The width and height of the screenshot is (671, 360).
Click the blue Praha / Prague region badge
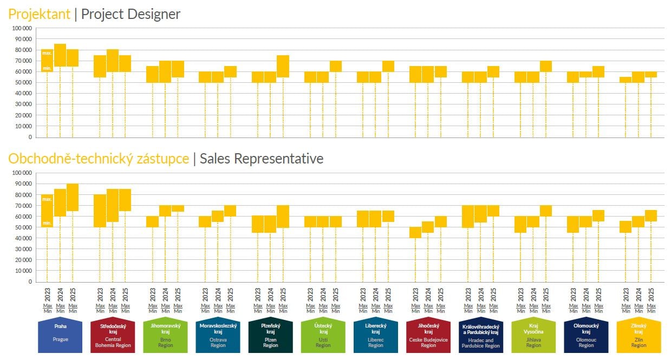pyautogui.click(x=60, y=336)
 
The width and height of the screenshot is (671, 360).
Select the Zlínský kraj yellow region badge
pyautogui.click(x=639, y=336)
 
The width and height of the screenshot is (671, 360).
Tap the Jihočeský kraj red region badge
pyautogui.click(x=428, y=336)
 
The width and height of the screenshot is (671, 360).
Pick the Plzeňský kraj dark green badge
pyautogui.click(x=270, y=336)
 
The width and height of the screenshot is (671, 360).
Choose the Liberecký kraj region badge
pyautogui.click(x=375, y=336)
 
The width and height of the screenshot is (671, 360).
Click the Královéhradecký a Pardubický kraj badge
pyautogui.click(x=481, y=336)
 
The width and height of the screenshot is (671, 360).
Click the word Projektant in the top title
pyautogui.click(x=39, y=14)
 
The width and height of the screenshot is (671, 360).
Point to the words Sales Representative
pyautogui.click(x=262, y=159)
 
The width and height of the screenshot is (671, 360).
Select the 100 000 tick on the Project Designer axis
pyautogui.click(x=22, y=28)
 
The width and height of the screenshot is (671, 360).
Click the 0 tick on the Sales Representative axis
pyautogui.click(x=30, y=282)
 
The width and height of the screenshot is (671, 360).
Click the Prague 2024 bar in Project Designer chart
pyautogui.click(x=60, y=55)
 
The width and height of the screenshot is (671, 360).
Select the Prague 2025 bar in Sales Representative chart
pyautogui.click(x=73, y=198)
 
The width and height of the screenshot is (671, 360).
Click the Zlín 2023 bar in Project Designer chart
pyautogui.click(x=626, y=80)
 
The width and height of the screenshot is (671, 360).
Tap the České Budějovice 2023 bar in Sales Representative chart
pyautogui.click(x=415, y=233)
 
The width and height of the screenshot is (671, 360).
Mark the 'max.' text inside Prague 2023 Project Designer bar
pyautogui.click(x=47, y=53)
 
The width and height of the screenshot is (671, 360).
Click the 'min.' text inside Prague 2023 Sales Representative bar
pyautogui.click(x=47, y=223)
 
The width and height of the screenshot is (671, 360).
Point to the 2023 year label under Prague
pyautogui.click(x=48, y=294)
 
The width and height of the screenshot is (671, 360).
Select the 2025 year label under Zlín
pyautogui.click(x=652, y=294)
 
